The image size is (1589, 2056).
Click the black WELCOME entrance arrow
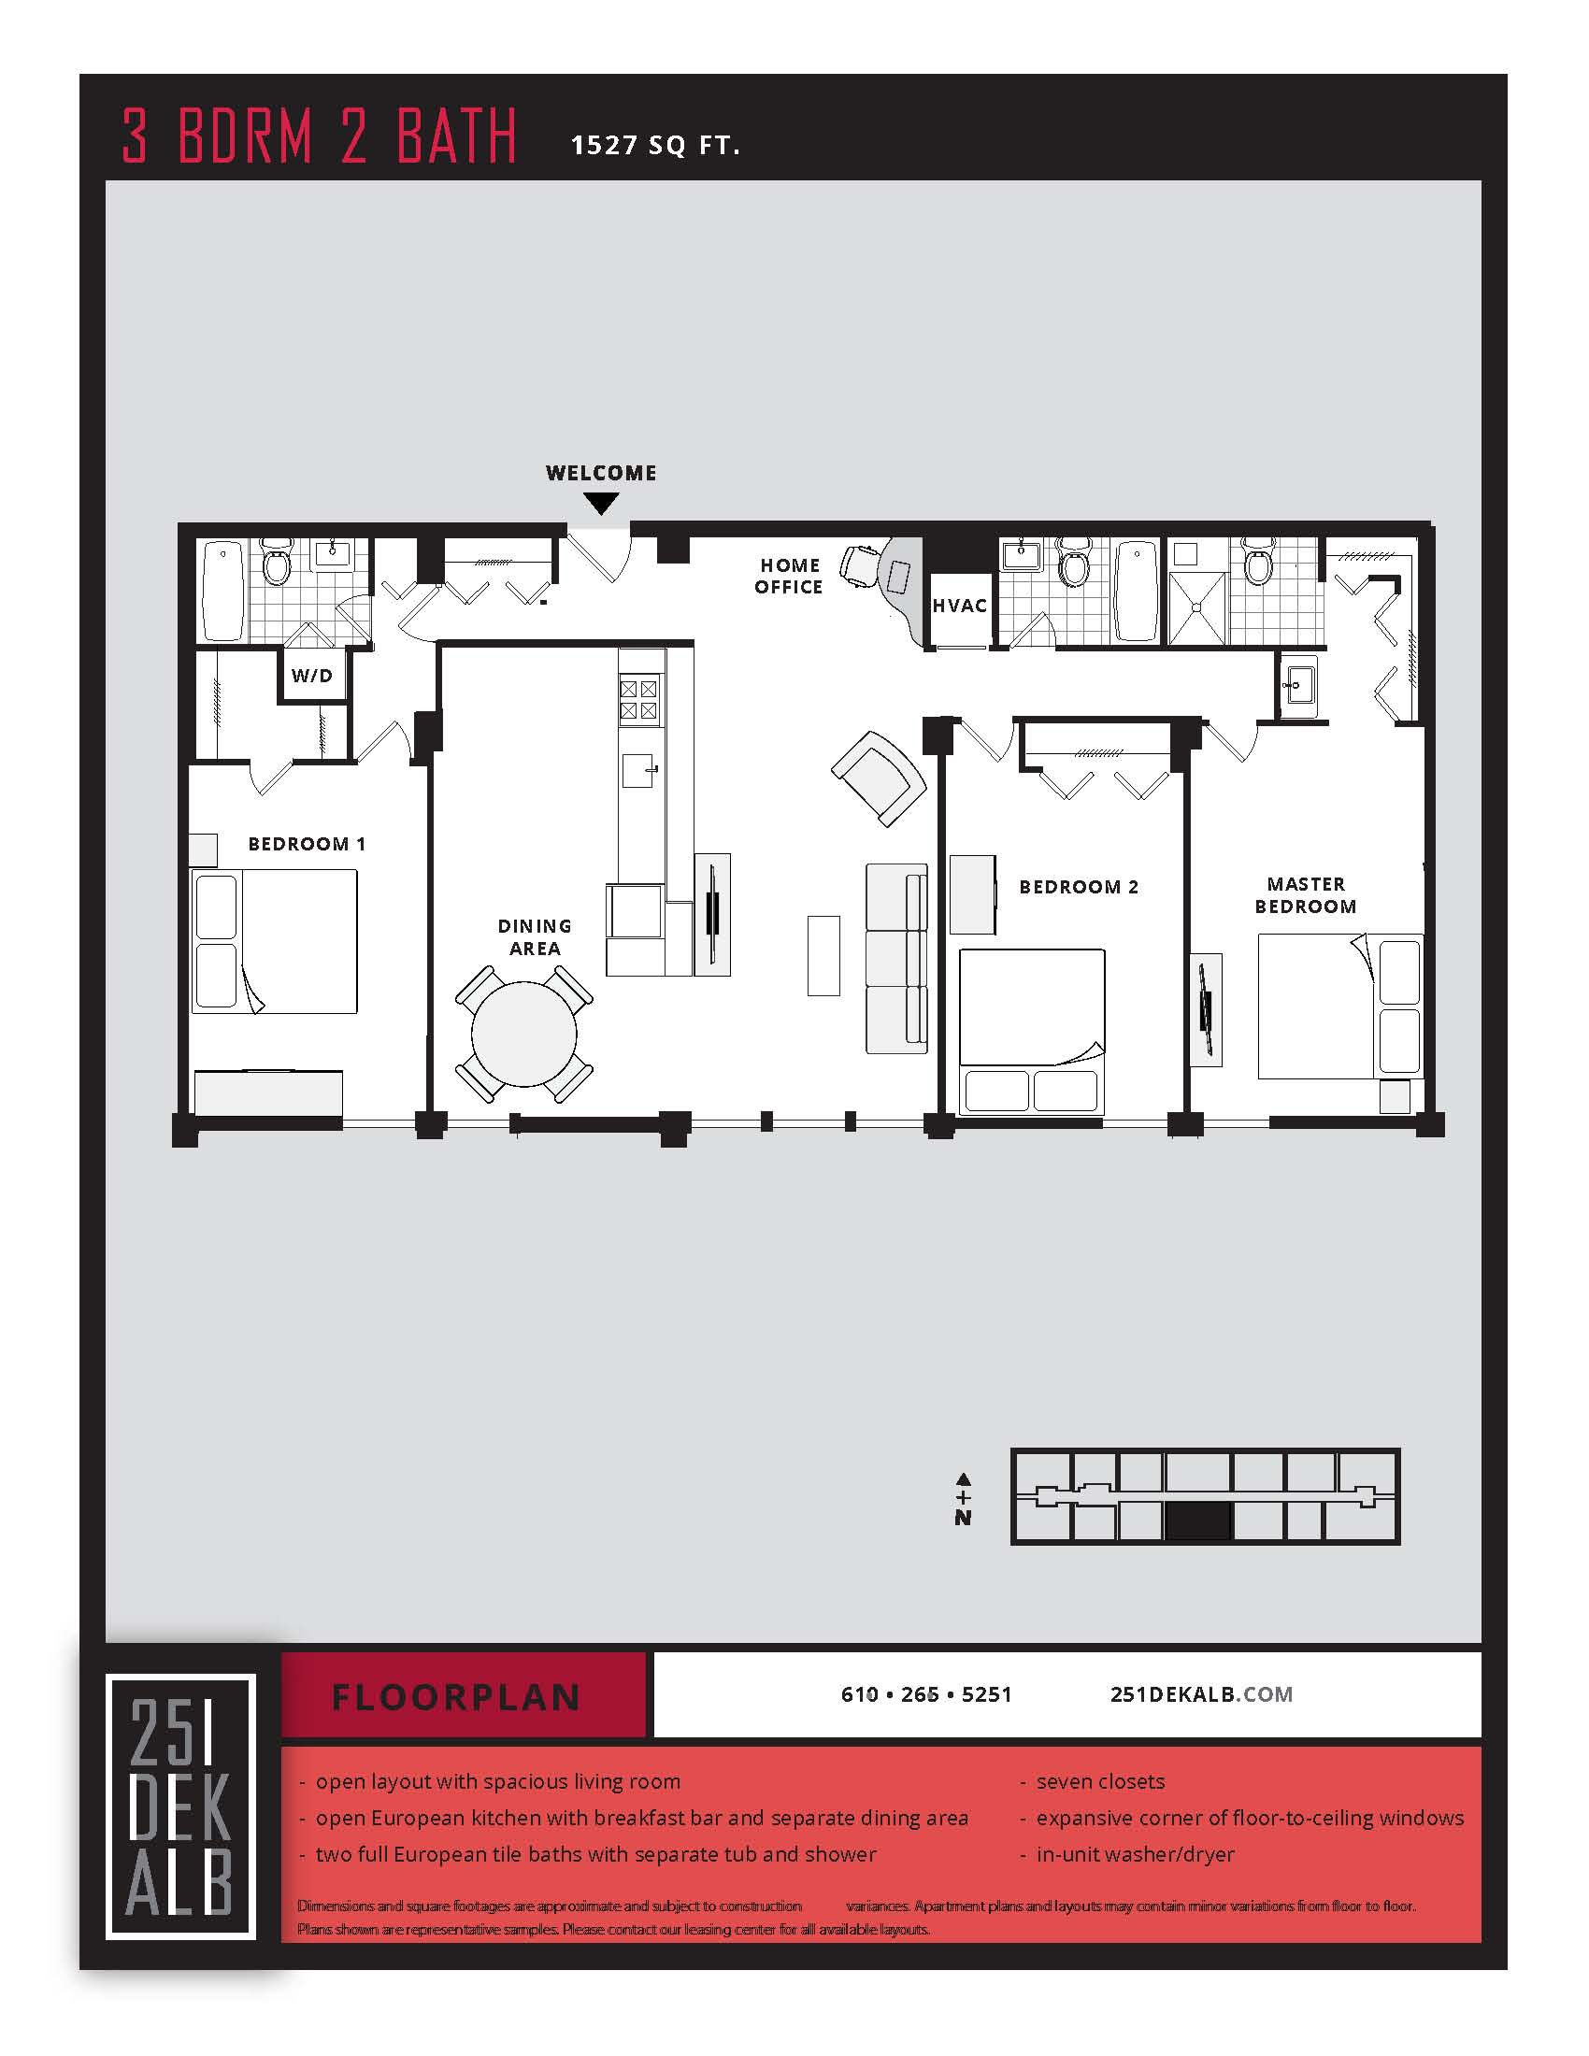(601, 504)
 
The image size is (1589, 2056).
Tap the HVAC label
(959, 606)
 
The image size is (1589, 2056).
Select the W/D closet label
(311, 675)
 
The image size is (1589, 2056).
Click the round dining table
(523, 1034)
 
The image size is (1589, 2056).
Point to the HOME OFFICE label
(789, 576)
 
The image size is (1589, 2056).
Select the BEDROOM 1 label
(306, 844)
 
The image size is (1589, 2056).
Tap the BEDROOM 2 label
(1079, 887)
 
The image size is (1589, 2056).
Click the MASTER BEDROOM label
(1306, 895)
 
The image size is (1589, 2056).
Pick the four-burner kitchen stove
(638, 699)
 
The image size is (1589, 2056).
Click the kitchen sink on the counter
(638, 770)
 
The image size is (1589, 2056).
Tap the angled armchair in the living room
(880, 778)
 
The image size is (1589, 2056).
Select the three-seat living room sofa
(896, 958)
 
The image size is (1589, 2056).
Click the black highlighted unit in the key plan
(1197, 1521)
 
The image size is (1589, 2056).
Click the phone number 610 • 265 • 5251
(925, 1694)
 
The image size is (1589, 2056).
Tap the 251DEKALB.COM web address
(1201, 1694)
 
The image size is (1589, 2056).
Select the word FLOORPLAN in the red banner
(456, 1697)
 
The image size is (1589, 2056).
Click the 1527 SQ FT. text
(655, 145)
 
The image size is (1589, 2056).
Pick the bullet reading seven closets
(1099, 1781)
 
